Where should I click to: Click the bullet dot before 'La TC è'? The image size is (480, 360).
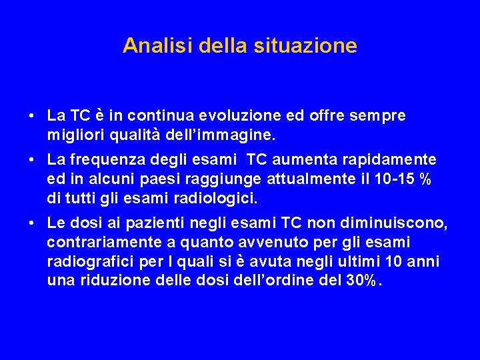click(33, 117)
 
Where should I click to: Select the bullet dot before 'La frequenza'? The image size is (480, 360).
click(33, 160)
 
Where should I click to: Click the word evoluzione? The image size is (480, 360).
click(229, 116)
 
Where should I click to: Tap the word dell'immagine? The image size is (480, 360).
click(219, 135)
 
